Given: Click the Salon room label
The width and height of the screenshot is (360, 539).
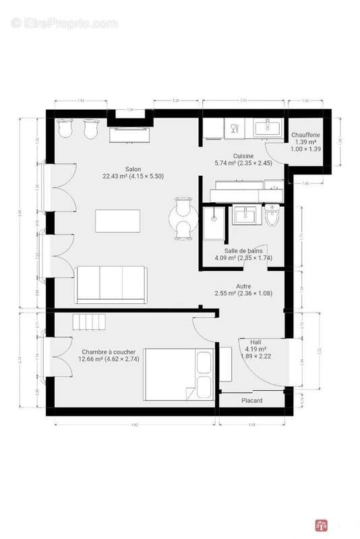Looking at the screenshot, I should (x=133, y=168).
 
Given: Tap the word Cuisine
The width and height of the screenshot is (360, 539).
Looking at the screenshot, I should (x=234, y=155).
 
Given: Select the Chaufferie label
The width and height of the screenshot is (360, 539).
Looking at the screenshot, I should (x=305, y=135).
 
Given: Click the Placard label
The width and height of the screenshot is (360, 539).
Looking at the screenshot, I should (x=252, y=400).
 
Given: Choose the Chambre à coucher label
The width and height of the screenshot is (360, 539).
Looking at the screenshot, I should (x=109, y=352).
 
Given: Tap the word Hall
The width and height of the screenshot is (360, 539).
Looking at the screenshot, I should (x=256, y=341).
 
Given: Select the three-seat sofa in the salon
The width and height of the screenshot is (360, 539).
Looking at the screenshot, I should (x=111, y=283).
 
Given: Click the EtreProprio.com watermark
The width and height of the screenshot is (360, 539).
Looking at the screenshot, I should (x=65, y=24).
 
